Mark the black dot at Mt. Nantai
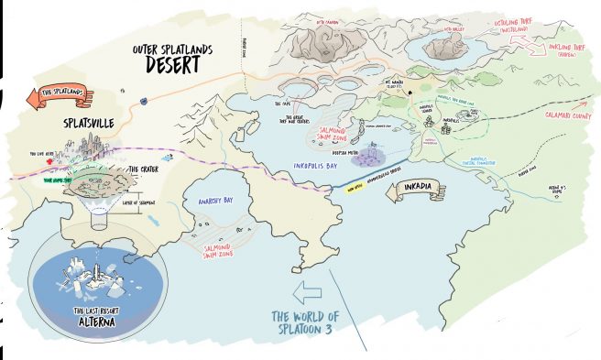click(410, 91)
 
